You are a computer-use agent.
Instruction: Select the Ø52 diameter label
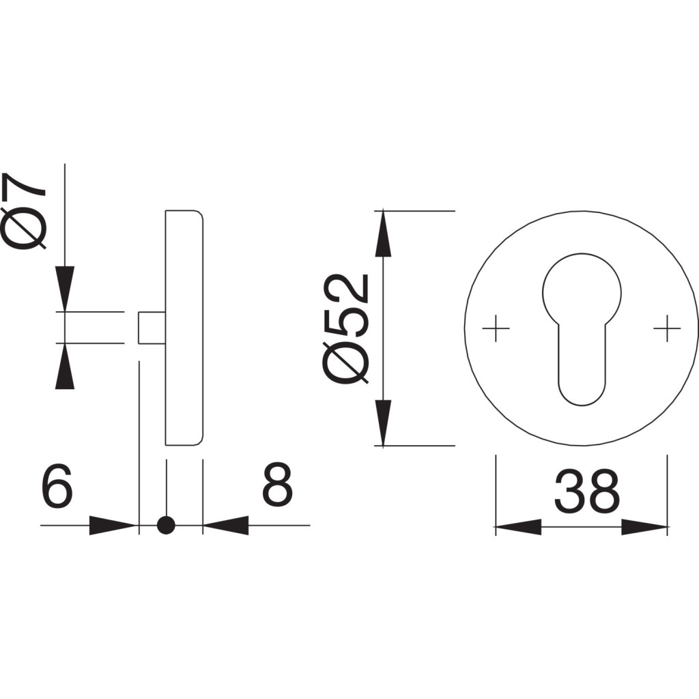[346, 328]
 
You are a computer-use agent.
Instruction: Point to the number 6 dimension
[57, 485]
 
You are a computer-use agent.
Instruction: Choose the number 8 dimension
[277, 485]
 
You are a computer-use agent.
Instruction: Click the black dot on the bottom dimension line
[167, 525]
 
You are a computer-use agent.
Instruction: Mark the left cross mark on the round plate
[496, 328]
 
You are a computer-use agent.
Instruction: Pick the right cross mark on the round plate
[667, 328]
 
